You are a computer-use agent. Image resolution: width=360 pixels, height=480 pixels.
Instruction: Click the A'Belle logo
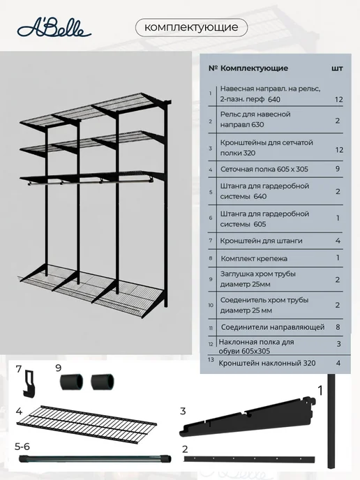[x=54, y=29]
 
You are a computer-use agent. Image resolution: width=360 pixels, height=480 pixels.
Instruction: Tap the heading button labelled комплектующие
[x=191, y=27]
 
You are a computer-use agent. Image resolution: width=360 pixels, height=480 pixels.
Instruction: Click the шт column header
[x=337, y=68]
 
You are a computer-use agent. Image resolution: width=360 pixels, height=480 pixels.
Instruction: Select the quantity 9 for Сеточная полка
[x=338, y=169]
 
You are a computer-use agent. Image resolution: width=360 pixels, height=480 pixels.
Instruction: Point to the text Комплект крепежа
[x=254, y=258]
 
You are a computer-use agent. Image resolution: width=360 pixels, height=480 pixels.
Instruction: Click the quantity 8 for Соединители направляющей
[x=338, y=327]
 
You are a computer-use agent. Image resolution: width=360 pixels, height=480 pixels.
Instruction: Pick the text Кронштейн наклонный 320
[x=267, y=363]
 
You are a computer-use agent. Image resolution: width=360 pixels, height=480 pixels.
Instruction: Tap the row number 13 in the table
[x=211, y=359]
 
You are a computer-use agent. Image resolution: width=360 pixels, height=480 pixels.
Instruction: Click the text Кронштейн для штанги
[x=261, y=241]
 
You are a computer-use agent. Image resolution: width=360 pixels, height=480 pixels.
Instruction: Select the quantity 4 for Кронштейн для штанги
[x=338, y=241]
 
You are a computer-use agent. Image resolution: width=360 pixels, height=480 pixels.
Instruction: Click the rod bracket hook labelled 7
[x=29, y=384]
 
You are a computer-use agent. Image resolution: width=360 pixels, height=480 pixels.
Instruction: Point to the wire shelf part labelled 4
[x=87, y=424]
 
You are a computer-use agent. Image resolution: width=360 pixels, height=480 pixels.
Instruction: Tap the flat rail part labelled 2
[x=249, y=459]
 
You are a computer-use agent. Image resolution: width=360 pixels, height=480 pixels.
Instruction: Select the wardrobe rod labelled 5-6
[x=95, y=459]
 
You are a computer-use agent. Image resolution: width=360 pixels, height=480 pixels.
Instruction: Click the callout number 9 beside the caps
[x=59, y=368]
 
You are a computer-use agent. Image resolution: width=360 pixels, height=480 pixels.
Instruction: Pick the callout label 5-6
[x=22, y=447]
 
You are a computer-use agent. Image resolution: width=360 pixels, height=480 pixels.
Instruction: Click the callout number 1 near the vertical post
[x=320, y=391]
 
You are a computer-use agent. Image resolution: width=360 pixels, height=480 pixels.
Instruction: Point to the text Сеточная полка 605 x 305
[x=264, y=170]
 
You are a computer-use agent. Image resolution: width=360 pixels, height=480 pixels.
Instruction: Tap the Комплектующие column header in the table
[x=254, y=68]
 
